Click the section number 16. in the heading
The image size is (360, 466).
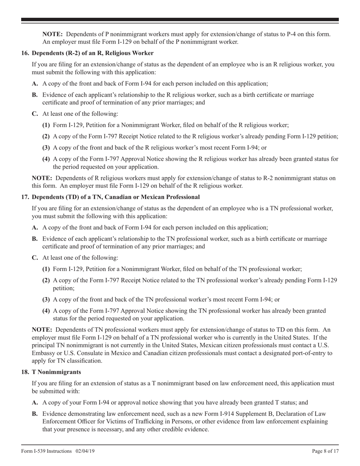(25, 53)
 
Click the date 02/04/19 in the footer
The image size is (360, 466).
(82, 451)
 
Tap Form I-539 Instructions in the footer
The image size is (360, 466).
(46, 451)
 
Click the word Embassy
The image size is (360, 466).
(43, 353)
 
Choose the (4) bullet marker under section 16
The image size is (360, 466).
(46, 159)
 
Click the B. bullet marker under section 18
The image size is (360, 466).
(35, 414)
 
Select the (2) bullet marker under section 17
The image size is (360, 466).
(46, 280)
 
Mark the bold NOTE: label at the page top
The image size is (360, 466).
(53, 34)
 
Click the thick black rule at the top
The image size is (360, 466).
(180, 19)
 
